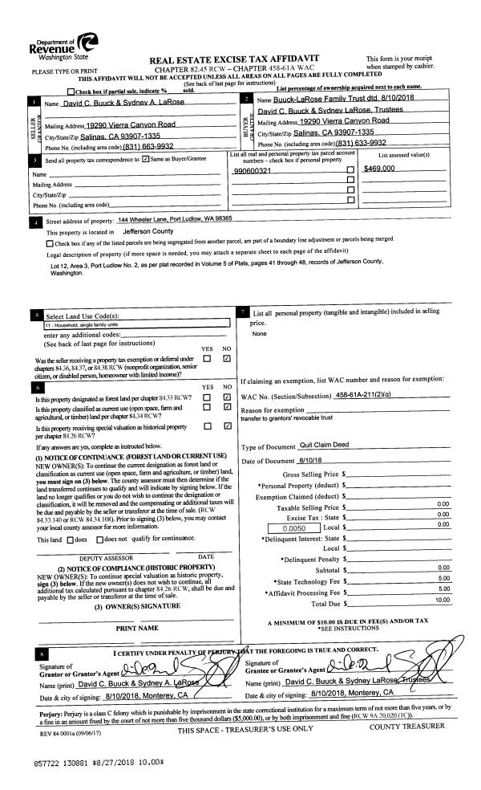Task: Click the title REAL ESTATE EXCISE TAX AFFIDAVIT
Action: click(x=234, y=58)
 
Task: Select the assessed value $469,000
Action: click(x=379, y=169)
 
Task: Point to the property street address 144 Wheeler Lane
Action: click(x=175, y=219)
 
